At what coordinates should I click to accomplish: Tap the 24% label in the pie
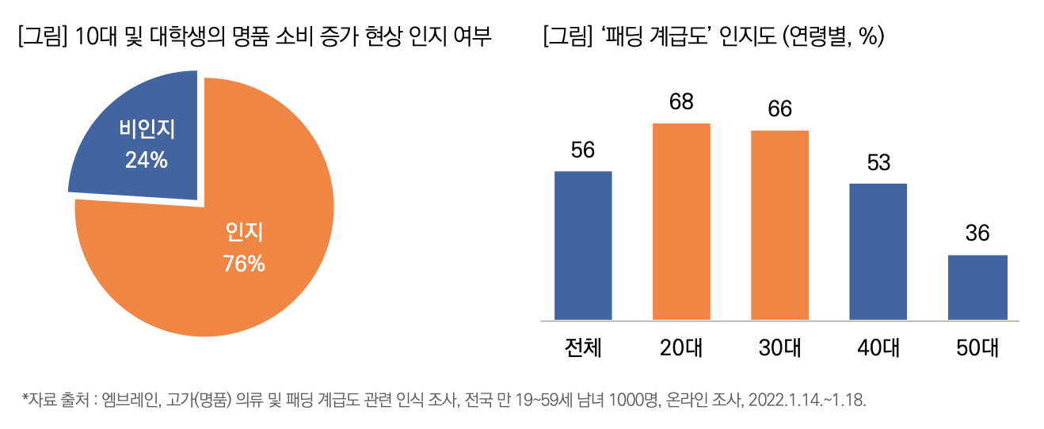147,160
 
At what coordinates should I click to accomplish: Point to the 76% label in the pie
244,263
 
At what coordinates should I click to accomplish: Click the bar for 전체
583,245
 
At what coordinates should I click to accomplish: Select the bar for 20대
681,222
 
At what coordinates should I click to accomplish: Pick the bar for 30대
779,226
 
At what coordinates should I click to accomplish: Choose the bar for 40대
878,252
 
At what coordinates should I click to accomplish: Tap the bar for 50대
977,287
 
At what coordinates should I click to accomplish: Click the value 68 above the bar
681,102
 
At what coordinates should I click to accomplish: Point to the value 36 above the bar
977,233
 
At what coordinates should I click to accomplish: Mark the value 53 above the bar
878,162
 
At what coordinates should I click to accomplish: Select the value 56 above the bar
583,150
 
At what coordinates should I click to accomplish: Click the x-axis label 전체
583,348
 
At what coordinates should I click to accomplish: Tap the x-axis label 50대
977,348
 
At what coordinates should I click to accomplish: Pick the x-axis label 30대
780,348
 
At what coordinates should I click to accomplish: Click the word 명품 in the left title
276,37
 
